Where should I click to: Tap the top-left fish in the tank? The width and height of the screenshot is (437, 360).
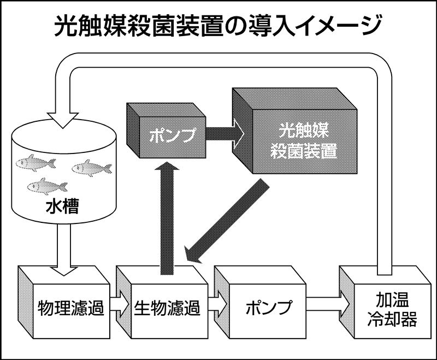tap(36, 162)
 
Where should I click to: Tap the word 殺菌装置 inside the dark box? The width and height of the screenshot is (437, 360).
tap(304, 151)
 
